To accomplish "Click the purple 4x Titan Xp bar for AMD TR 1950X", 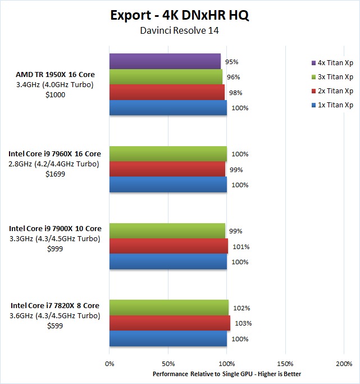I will click(165, 61).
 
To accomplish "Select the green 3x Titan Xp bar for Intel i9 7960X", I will click(168, 153).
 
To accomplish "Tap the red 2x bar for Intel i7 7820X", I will click(170, 323).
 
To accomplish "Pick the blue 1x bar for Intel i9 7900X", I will click(168, 262).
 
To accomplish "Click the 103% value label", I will click(243, 323).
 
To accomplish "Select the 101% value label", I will click(241, 247).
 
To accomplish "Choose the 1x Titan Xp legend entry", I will click(332, 105).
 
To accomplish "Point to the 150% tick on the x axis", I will click(285, 364).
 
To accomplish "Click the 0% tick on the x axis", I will click(110, 364).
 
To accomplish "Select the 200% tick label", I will click(344, 364).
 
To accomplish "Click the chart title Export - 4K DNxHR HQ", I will click(180, 15).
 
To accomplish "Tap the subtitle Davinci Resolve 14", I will click(180, 30).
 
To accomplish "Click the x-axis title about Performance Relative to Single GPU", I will click(227, 374).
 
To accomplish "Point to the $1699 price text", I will click(54, 174).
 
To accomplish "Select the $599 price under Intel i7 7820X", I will click(54, 326).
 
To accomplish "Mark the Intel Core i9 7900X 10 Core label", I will click(55, 229).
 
